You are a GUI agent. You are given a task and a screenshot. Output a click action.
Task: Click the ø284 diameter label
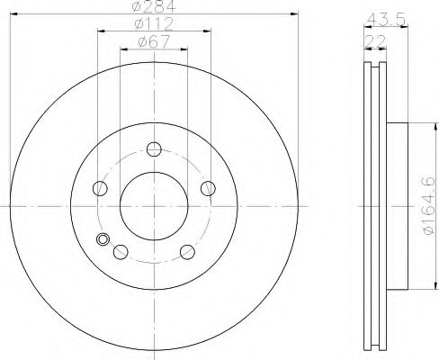154,6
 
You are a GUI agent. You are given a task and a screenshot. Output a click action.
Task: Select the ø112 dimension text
154,23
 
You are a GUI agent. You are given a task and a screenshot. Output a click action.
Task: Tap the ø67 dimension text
154,41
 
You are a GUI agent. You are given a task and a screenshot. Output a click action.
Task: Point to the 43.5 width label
386,20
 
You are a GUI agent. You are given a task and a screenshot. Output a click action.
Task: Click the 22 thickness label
374,41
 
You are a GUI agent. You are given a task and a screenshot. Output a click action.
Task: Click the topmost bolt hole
154,149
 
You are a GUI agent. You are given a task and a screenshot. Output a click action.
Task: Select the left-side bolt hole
100,188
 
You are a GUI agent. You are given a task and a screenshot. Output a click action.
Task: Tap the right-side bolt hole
208,188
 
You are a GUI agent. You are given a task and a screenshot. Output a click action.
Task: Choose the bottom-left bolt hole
121,252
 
